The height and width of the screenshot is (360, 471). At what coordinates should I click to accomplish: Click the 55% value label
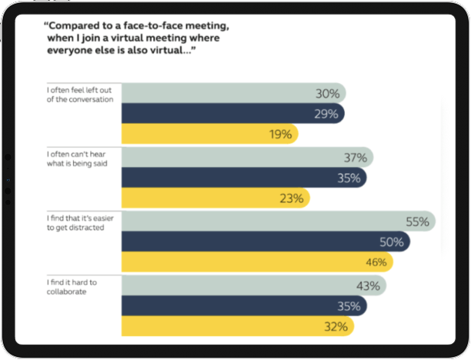pos(417,222)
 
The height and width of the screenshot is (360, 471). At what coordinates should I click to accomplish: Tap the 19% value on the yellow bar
pos(281,134)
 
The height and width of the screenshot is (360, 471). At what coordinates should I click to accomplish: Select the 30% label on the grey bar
pos(327,94)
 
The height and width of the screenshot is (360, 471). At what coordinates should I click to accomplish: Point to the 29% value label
pos(326,114)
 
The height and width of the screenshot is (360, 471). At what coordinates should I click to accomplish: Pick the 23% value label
pos(292,198)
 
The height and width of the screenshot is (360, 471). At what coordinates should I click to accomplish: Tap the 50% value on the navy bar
pos(391,242)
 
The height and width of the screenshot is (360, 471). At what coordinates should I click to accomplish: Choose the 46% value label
pos(375,262)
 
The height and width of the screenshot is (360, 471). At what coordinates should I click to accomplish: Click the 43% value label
pos(368,285)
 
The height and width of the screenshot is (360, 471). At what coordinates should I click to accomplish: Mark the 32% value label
pos(336,326)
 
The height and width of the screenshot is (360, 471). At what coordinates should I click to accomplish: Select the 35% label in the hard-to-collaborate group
pos(348,305)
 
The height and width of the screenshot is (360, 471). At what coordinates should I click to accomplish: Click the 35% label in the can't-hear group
pos(349,178)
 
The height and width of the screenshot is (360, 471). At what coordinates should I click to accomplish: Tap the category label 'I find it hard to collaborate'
pos(71,287)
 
